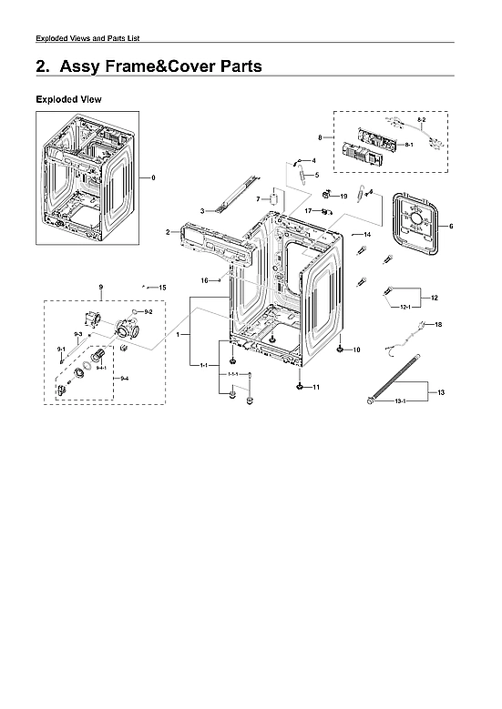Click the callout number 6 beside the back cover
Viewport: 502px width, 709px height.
[x=451, y=226]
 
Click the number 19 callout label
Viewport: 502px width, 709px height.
[x=343, y=196]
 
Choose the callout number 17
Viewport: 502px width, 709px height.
[x=309, y=210]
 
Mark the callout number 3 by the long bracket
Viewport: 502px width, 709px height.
[x=201, y=210]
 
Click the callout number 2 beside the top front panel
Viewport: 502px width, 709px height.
[x=168, y=233]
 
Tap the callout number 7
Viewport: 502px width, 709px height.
[x=258, y=198]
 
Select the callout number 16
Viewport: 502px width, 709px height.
[x=205, y=280]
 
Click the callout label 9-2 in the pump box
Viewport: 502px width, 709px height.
[x=148, y=312]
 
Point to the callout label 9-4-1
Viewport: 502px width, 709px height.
[x=102, y=367]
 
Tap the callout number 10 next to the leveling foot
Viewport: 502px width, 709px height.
[x=356, y=349]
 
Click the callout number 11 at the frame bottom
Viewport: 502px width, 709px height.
[x=316, y=388]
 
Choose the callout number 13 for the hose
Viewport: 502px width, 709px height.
[x=441, y=392]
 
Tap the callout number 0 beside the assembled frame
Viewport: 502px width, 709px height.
[x=153, y=177]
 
